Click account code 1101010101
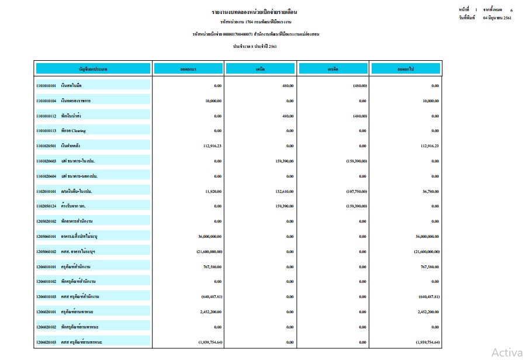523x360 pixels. pyautogui.click(x=46, y=85)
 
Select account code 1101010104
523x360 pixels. pyautogui.click(x=46, y=101)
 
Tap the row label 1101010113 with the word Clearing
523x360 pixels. pyautogui.click(x=61, y=131)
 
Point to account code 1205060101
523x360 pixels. pyautogui.click(x=46, y=236)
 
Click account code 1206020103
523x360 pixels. pyautogui.click(x=46, y=342)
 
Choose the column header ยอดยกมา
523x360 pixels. pyautogui.click(x=188, y=69)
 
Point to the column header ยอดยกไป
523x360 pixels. pyautogui.click(x=406, y=69)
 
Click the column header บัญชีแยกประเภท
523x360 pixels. pyautogui.click(x=93, y=69)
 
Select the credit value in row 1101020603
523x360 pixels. pyautogui.click(x=356, y=161)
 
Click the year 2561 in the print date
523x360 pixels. pyautogui.click(x=507, y=19)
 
